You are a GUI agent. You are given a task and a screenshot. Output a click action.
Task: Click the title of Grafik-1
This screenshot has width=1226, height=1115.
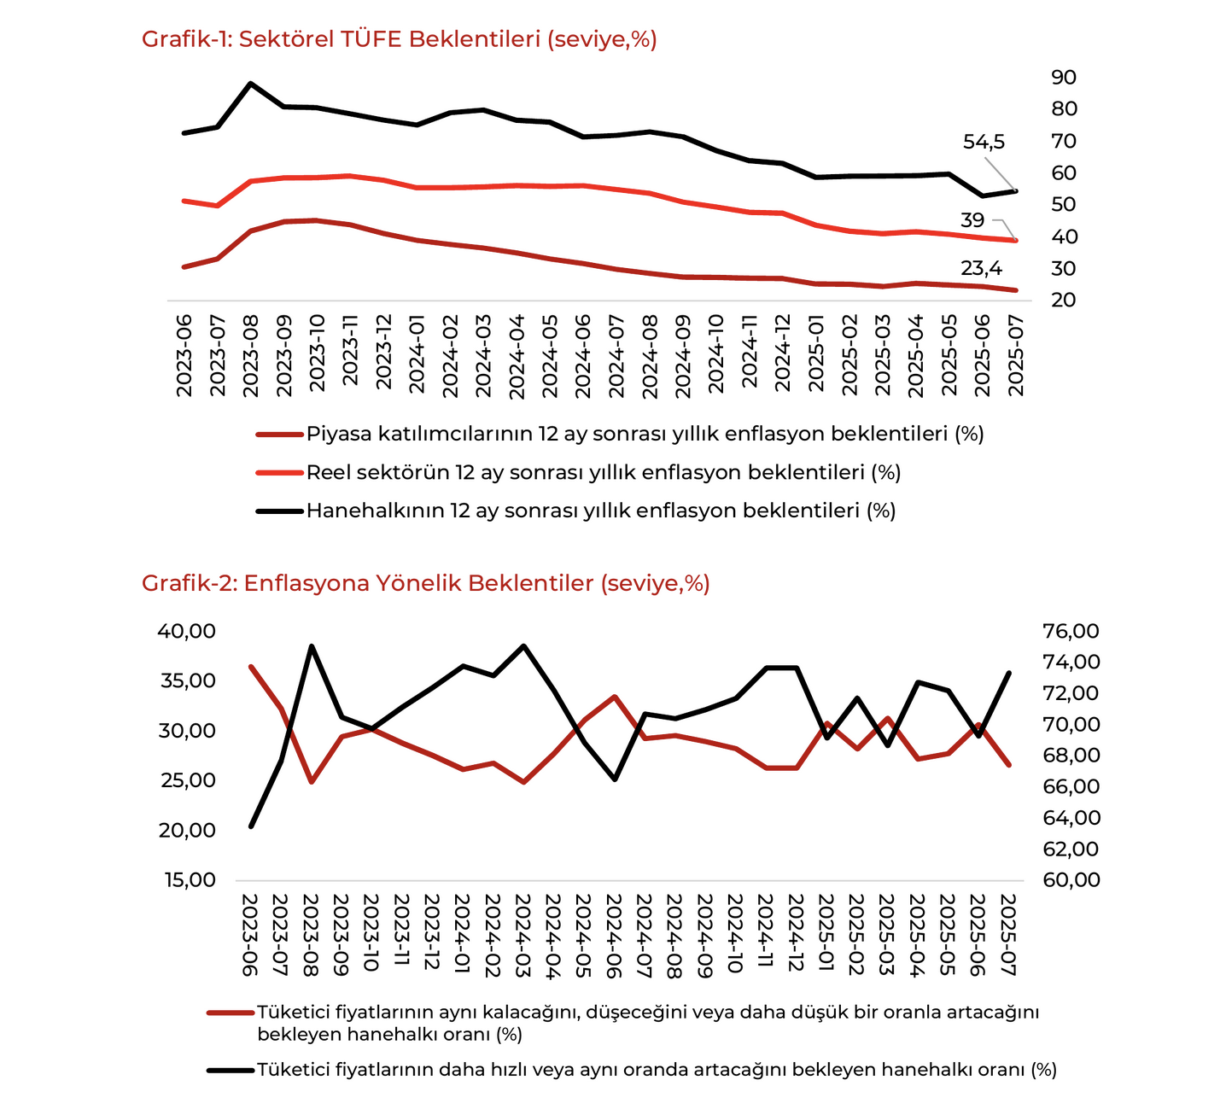399,39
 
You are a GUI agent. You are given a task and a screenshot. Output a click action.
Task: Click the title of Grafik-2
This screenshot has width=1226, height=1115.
425,583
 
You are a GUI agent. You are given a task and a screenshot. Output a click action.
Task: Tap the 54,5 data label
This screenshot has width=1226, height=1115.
984,142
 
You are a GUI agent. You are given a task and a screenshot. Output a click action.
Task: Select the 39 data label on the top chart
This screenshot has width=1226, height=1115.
972,220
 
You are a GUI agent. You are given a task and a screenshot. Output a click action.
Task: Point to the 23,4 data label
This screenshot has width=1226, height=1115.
982,268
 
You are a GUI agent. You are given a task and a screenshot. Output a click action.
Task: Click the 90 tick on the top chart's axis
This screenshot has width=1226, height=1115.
1064,77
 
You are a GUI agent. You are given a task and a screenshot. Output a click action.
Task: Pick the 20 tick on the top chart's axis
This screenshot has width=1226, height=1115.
1064,300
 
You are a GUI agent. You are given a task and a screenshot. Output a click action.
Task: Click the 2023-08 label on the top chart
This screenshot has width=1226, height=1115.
250,355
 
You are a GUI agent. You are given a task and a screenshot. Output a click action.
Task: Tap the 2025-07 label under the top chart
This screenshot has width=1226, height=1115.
1015,355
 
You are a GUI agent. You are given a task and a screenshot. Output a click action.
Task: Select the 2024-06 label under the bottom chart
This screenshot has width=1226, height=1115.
613,935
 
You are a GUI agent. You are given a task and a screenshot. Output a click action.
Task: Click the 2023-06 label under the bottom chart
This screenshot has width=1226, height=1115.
250,935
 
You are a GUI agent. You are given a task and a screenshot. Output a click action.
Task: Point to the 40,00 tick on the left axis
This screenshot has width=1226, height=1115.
187,631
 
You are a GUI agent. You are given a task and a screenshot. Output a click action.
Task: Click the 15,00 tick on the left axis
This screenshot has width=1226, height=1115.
190,879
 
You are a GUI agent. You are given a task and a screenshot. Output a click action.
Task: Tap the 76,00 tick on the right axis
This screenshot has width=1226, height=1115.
1071,631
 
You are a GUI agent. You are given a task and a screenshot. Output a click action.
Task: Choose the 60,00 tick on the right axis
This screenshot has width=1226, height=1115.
1071,879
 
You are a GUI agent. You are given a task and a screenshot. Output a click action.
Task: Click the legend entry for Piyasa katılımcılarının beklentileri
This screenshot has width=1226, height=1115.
620,434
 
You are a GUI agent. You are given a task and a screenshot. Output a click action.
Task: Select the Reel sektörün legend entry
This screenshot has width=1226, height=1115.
578,472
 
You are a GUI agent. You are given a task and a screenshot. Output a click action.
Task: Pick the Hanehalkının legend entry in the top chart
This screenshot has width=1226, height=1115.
575,511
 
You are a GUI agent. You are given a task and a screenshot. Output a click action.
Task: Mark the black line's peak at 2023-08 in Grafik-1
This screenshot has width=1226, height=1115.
250,83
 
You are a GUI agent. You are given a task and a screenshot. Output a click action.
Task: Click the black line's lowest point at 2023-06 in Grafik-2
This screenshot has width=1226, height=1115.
250,826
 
